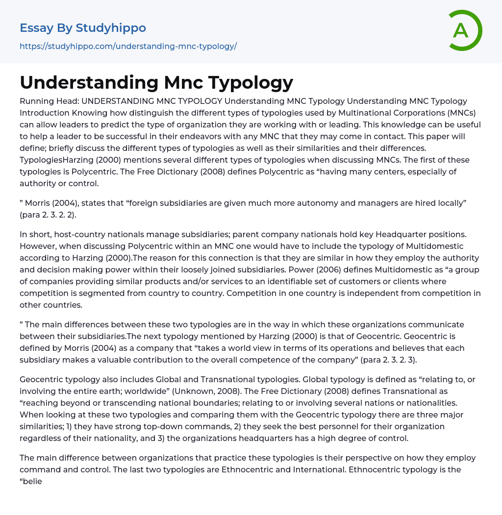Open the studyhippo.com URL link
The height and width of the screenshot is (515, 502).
click(x=128, y=46)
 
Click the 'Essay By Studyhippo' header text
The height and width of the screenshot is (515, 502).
click(x=83, y=28)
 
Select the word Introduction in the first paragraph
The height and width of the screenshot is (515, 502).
click(x=42, y=113)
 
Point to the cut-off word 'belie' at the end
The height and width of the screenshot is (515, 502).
click(x=32, y=481)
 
